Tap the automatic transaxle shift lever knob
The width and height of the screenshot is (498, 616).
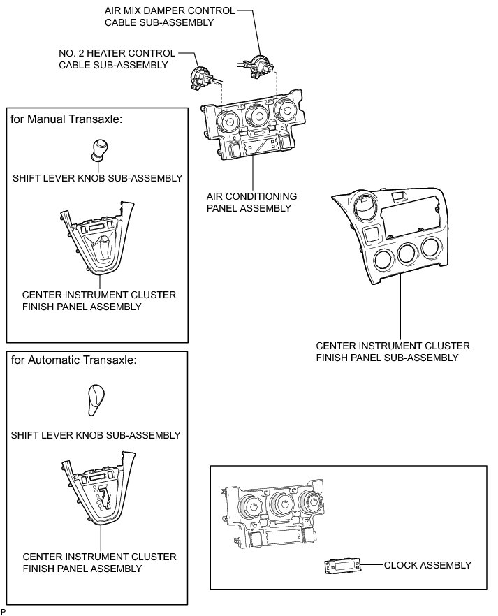coord(95,398)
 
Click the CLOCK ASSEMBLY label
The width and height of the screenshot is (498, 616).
coord(427,565)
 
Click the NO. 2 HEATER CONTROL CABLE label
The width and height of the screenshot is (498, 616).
coord(113,59)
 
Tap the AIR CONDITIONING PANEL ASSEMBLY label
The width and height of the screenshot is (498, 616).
coord(251,202)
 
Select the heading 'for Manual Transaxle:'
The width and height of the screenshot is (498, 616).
coord(67,119)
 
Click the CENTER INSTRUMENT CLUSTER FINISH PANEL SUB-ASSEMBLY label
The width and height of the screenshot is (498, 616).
coord(393,351)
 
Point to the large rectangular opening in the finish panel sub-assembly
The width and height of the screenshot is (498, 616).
coord(412,212)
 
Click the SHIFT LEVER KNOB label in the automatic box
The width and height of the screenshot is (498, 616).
coord(96,435)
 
